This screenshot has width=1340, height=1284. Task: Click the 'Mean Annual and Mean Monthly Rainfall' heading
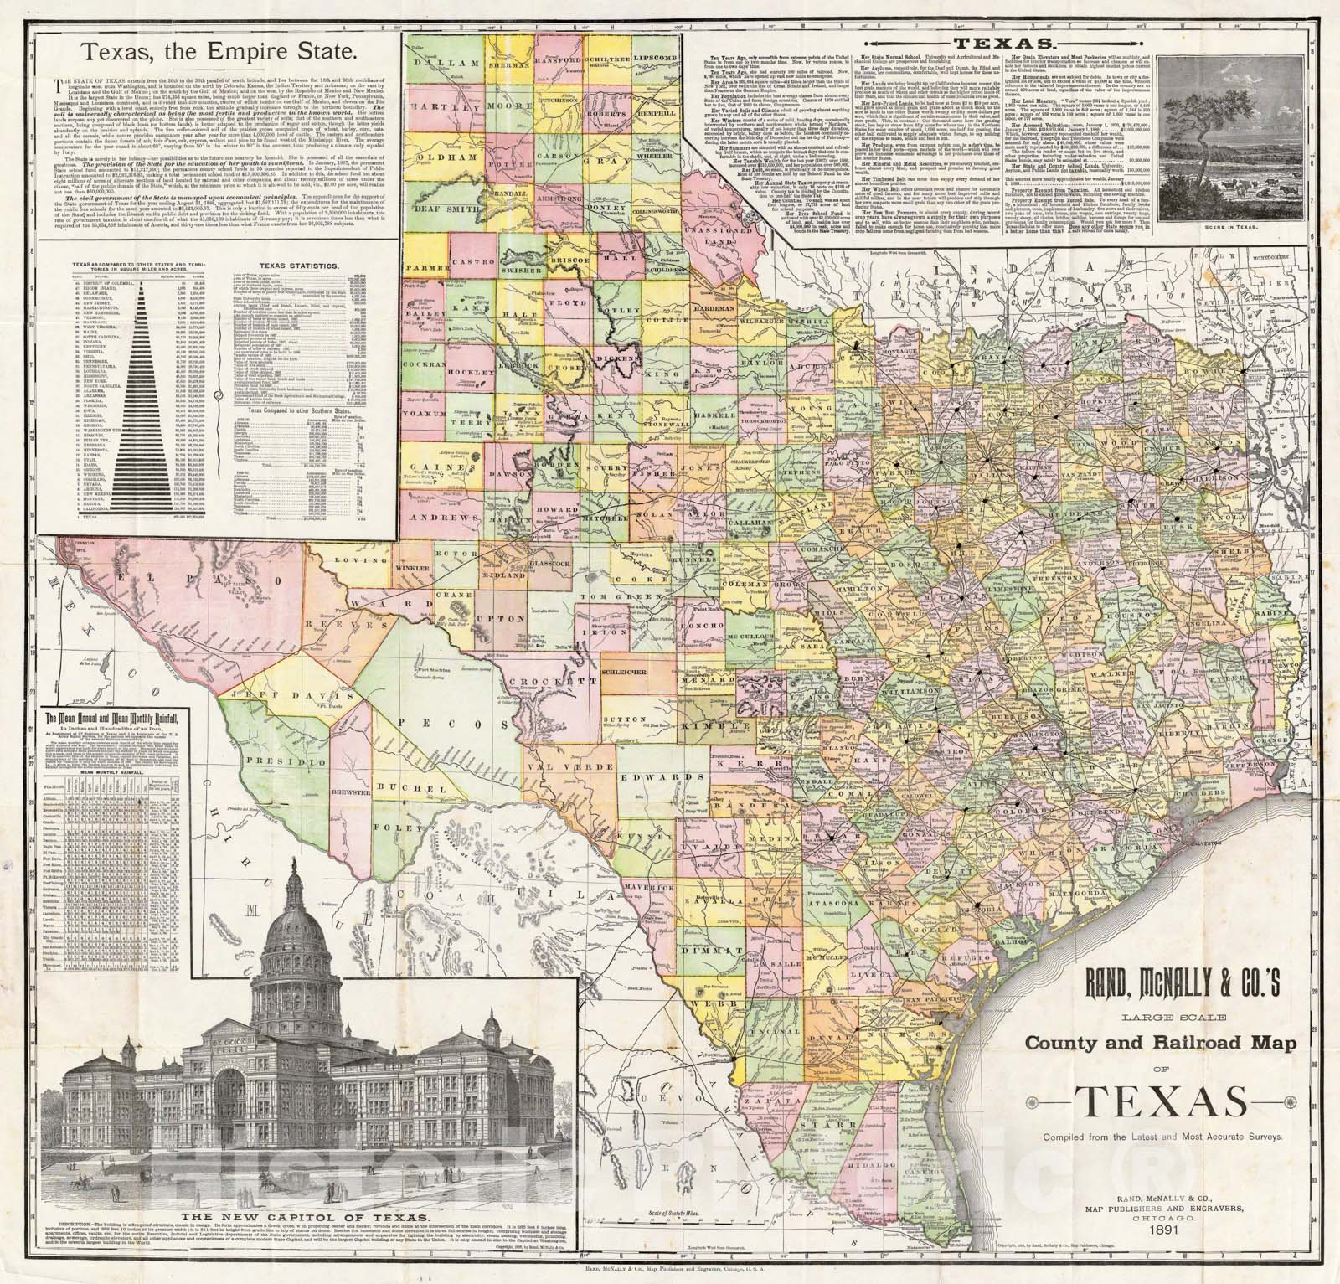click(115, 716)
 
